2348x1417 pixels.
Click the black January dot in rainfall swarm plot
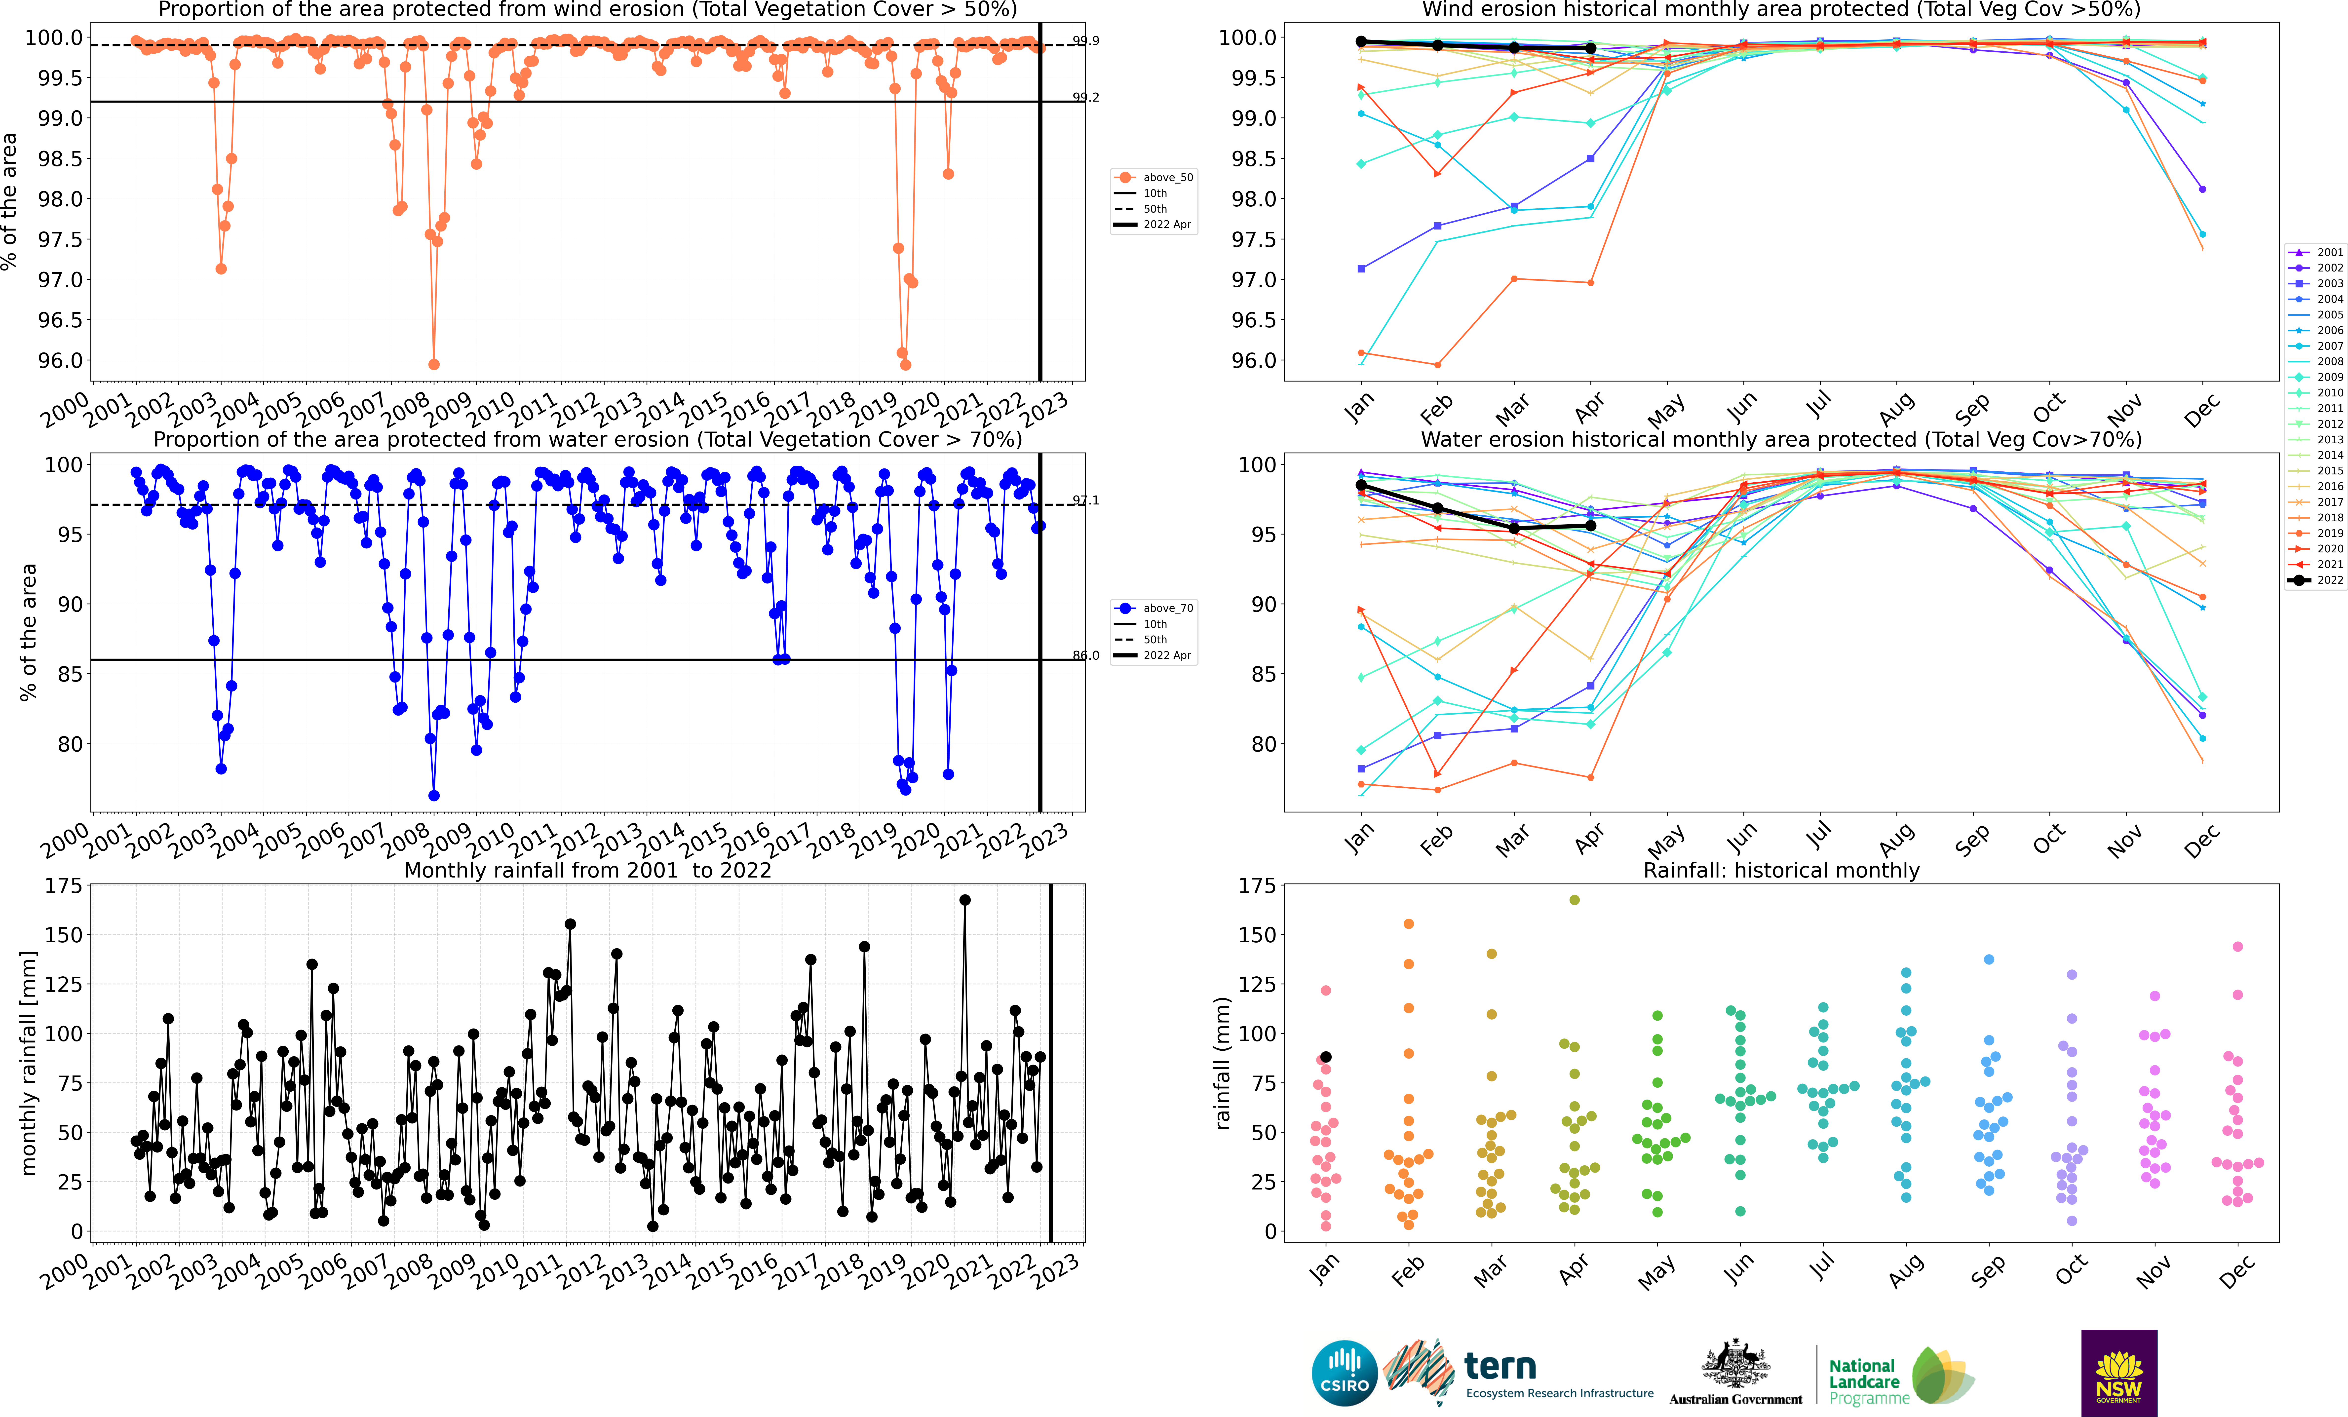1325,1057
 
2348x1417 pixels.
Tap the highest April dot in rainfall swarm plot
1574,900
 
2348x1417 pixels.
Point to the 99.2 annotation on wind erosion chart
1085,97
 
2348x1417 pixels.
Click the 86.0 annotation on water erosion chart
1085,656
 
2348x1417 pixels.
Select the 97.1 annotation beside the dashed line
1085,500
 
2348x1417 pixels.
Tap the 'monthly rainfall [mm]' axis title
29,1063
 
